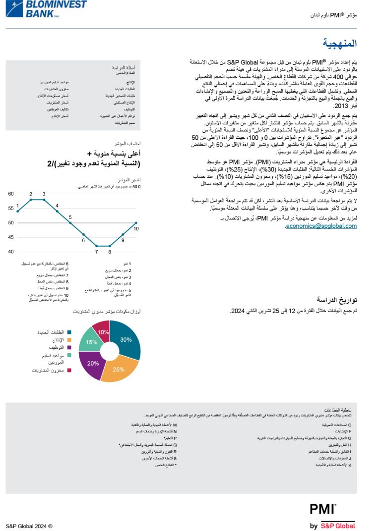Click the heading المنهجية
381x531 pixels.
pos(339,44)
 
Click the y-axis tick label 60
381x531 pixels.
pos(11,194)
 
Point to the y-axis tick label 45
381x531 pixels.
pos(11,237)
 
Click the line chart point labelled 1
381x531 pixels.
pos(17,212)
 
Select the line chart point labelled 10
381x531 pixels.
pos(136,223)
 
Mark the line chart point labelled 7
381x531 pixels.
pos(97,246)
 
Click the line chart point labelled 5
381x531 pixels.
pos(70,223)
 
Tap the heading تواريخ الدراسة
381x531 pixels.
pos(337,300)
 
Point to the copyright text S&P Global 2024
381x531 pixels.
pos(29,526)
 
